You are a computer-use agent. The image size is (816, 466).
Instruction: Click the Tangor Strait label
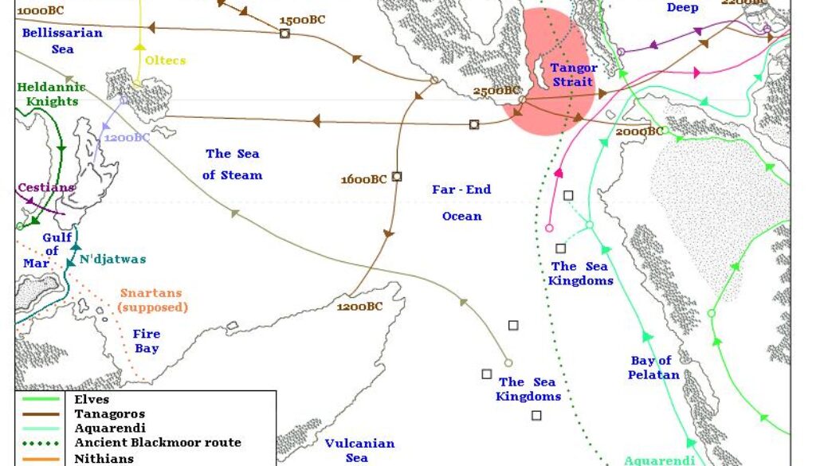point(572,75)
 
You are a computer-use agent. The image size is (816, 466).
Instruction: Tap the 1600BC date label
point(363,179)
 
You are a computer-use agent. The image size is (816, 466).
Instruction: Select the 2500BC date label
point(496,91)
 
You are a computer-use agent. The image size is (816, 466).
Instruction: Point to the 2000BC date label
point(638,131)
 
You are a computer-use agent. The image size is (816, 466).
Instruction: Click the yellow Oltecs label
point(165,60)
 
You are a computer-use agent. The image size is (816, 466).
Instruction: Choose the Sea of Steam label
point(232,164)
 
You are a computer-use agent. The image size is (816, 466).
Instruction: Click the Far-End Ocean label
point(462,202)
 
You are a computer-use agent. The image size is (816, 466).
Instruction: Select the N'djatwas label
point(113,260)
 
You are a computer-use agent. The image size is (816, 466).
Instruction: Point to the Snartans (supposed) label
point(153,300)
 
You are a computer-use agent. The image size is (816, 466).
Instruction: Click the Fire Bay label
point(147,341)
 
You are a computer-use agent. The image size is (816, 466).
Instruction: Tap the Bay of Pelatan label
point(653,367)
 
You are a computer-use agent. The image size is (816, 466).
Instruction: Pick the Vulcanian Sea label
point(359,450)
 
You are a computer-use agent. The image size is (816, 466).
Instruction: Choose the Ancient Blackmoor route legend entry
point(158,442)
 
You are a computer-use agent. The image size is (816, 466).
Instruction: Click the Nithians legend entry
point(104,459)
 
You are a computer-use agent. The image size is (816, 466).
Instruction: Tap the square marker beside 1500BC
point(284,33)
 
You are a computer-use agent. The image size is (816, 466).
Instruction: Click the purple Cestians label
point(46,188)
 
